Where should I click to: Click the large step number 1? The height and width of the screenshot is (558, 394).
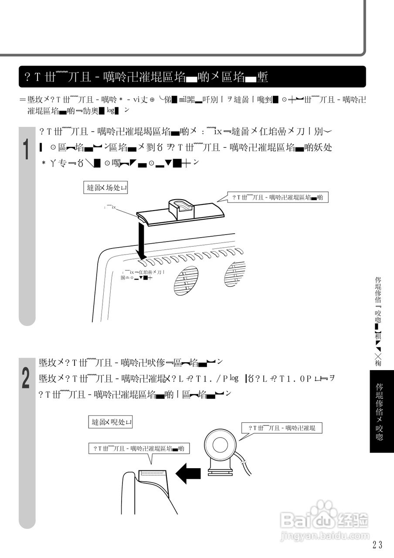(26, 149)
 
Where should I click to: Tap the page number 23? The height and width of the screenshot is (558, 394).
(377, 544)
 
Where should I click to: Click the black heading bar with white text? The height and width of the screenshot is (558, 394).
(192, 77)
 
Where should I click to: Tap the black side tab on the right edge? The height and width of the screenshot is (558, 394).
(381, 411)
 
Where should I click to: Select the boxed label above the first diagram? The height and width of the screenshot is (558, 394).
(107, 188)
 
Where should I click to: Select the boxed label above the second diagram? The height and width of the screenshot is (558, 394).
(111, 422)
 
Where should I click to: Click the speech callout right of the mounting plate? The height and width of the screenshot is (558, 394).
(278, 197)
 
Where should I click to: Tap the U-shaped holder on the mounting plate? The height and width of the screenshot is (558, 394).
(180, 208)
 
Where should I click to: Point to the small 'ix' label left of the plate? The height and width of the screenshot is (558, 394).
(112, 207)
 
